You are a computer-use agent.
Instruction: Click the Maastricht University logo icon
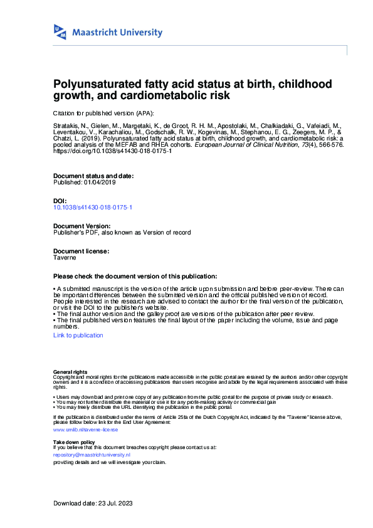(60, 33)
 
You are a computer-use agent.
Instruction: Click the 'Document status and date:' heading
(93, 176)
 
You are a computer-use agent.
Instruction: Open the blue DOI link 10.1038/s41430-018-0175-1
(93, 207)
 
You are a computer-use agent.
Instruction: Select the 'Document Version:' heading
(82, 226)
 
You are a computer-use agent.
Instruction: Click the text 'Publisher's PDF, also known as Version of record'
(122, 232)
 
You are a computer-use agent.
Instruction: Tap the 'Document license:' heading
(81, 251)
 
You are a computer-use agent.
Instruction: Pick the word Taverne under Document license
(65, 257)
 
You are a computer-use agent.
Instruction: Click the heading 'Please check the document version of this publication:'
(135, 276)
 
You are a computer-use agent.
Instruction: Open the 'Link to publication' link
(78, 335)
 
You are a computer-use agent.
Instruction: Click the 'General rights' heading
(71, 372)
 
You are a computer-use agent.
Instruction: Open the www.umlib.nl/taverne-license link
(86, 430)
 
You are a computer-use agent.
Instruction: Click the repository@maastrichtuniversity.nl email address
(92, 455)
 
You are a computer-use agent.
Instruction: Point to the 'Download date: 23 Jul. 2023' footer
(93, 504)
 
